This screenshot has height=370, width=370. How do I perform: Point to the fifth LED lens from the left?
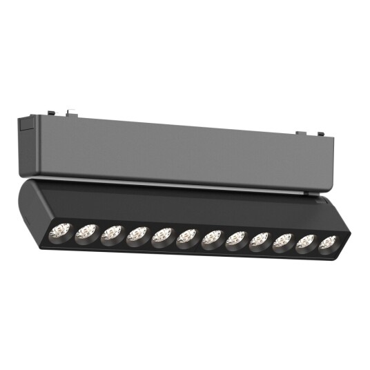pos(162,235)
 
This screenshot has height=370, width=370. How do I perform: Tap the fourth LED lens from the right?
pos(260,240)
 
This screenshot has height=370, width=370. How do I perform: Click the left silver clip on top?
pos(71,110)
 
